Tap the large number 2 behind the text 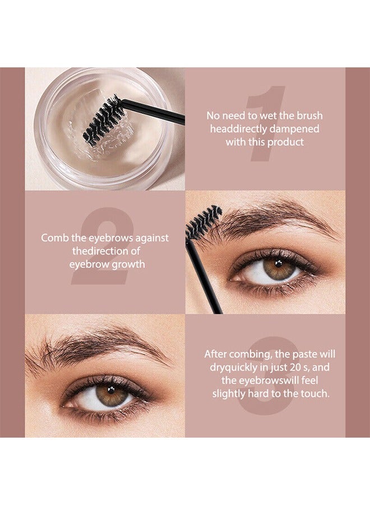coord(104,247)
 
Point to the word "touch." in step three coord(314,394)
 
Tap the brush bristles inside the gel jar coord(104,120)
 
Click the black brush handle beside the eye coord(204,275)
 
